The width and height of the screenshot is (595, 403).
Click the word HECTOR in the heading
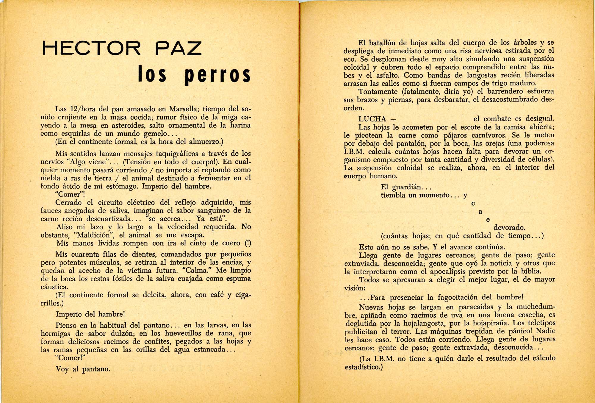point(92,49)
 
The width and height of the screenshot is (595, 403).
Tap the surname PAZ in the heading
point(178,49)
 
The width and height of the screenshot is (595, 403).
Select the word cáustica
point(54,287)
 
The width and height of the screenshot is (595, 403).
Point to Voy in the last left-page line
point(63,369)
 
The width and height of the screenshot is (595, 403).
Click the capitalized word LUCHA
point(372,119)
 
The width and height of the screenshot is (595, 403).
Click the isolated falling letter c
point(473,204)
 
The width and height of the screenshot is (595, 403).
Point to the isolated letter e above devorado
point(488,220)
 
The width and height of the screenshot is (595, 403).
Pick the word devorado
point(509,228)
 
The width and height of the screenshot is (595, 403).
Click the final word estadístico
point(363,367)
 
